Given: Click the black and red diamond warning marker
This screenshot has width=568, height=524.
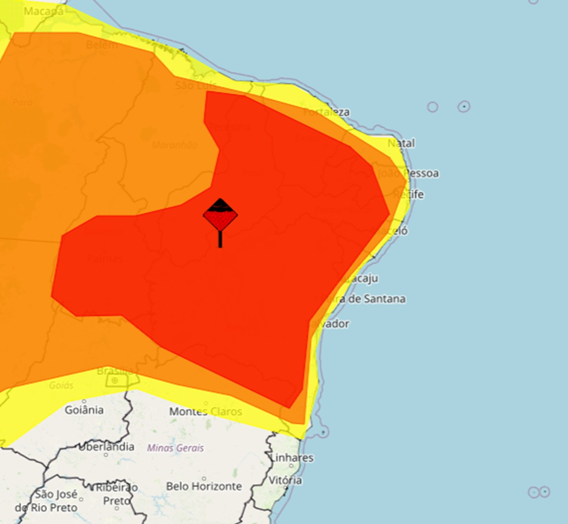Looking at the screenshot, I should (220, 216).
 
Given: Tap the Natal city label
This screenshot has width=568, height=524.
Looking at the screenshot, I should (401, 143).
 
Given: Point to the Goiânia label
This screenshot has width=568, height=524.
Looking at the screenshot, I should (84, 410).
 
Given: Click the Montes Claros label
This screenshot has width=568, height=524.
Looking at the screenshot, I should (205, 412).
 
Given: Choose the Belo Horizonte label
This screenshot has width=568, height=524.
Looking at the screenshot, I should (204, 486).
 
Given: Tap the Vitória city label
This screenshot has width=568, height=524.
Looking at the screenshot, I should (285, 480).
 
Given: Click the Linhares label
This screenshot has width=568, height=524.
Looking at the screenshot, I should (292, 458).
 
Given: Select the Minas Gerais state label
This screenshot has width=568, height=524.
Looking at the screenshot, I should (176, 448).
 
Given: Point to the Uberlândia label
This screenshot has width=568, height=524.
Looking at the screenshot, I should (106, 447).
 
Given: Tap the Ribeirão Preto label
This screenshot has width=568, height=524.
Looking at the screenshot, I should (116, 494).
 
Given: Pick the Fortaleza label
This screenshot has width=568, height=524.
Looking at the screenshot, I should (327, 112).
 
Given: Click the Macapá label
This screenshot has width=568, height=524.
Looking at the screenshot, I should (44, 11).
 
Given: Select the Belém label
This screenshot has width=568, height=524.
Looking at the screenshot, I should (101, 45).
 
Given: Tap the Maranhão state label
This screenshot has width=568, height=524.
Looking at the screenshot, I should (175, 145).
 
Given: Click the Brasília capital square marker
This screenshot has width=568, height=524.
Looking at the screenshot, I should (115, 381).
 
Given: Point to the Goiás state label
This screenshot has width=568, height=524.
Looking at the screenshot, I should (62, 385).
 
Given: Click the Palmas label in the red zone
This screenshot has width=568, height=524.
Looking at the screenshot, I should (105, 258).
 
